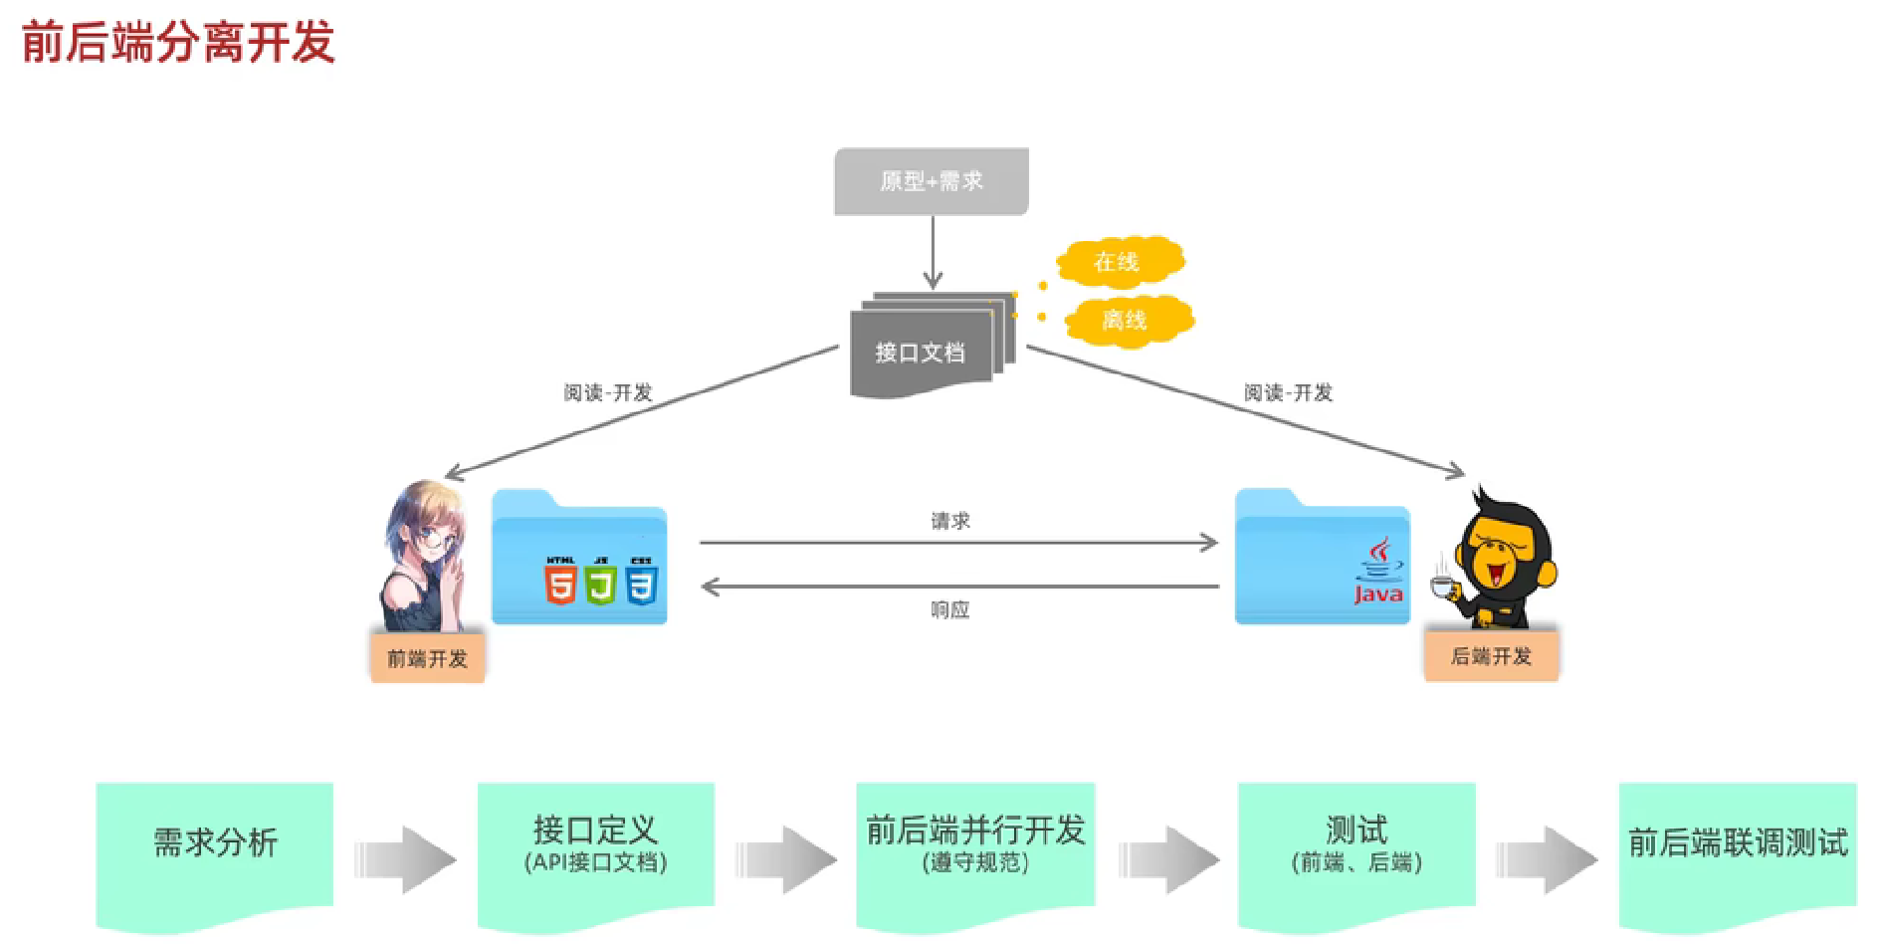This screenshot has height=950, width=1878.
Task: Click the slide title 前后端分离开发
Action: pyautogui.click(x=178, y=43)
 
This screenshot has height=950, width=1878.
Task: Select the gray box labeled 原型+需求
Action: pyautogui.click(x=931, y=181)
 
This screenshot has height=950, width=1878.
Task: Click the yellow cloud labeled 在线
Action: pyautogui.click(x=1118, y=262)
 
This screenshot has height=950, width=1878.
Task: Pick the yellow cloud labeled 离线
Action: pyautogui.click(x=1126, y=320)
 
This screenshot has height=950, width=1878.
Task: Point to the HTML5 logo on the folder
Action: pyautogui.click(x=560, y=582)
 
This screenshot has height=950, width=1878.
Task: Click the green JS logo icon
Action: pyautogui.click(x=601, y=582)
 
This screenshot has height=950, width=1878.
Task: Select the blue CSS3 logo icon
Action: pyautogui.click(x=642, y=582)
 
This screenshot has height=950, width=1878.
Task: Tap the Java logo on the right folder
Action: pyautogui.click(x=1378, y=572)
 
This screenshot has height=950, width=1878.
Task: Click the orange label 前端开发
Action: pyautogui.click(x=427, y=658)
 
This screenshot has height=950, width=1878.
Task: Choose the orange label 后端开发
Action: pyautogui.click(x=1491, y=656)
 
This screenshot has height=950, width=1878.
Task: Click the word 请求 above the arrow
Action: pyautogui.click(x=949, y=521)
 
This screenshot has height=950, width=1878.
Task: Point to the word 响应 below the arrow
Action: pyautogui.click(x=949, y=609)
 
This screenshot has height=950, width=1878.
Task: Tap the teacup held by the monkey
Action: pyautogui.click(x=1441, y=586)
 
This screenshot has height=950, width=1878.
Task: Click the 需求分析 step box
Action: pyautogui.click(x=215, y=844)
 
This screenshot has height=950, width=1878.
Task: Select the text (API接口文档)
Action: pyautogui.click(x=595, y=862)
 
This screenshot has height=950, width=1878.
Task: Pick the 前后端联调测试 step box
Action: pyautogui.click(x=1738, y=844)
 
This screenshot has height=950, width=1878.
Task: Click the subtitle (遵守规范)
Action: pyautogui.click(x=975, y=862)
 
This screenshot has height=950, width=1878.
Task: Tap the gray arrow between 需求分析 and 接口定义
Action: pyautogui.click(x=405, y=858)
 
